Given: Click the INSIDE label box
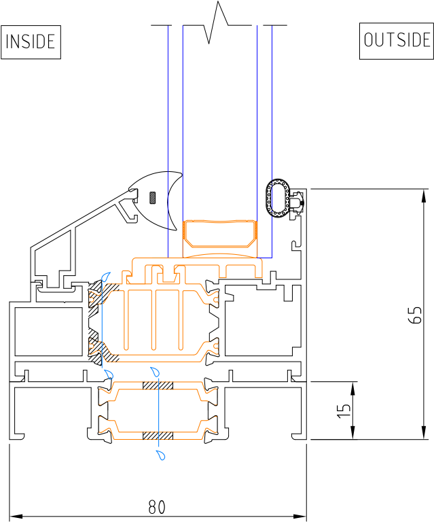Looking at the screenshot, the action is click(x=31, y=42).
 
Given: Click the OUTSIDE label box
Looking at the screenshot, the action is click(x=397, y=41).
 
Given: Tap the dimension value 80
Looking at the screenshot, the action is click(x=157, y=507).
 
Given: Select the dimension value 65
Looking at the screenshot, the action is click(x=415, y=315).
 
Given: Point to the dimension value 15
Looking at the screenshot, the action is click(x=344, y=411).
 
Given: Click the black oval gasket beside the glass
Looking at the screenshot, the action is click(x=278, y=198).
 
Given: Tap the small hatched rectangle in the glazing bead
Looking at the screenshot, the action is click(x=153, y=198).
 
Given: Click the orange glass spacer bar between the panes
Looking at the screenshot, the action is click(x=220, y=234).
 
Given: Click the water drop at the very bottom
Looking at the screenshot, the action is click(x=161, y=455).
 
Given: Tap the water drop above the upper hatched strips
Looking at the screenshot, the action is click(x=156, y=372).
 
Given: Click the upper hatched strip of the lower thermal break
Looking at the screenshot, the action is click(x=158, y=385).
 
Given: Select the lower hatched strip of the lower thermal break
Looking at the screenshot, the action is click(x=158, y=436).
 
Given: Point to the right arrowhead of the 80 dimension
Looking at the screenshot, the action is click(x=300, y=517).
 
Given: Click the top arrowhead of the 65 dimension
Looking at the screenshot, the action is click(x=424, y=196).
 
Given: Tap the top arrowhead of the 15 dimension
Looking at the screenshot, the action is click(x=353, y=389).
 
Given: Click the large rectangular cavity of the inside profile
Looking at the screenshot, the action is click(x=48, y=332).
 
